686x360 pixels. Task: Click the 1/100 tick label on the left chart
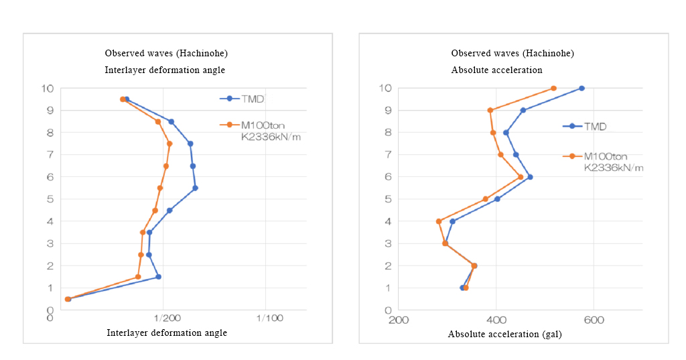click(269, 318)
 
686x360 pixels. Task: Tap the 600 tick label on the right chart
click(594, 320)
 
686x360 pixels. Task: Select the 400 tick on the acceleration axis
click(496, 320)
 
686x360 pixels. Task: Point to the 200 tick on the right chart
click(399, 320)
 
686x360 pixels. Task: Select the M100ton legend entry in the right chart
click(606, 156)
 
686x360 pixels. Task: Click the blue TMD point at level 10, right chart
click(581, 88)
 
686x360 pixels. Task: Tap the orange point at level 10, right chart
click(553, 88)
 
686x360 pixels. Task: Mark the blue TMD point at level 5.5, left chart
click(195, 188)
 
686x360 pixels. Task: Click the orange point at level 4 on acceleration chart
click(439, 221)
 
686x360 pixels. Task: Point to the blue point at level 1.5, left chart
click(158, 277)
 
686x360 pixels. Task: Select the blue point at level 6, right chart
click(530, 177)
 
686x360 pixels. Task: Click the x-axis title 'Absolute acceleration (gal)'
click(504, 334)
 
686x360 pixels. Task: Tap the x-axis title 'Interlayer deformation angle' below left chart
click(167, 333)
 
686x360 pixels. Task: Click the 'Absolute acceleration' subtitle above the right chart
click(496, 70)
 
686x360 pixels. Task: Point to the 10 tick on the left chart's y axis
click(47, 88)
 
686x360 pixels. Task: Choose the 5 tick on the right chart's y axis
click(388, 199)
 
